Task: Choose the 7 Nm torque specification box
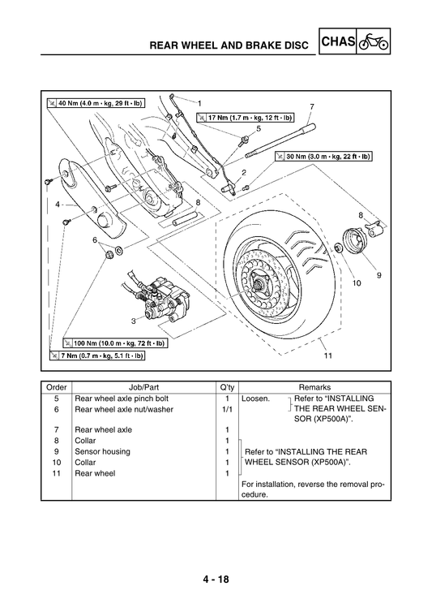tap(96, 356)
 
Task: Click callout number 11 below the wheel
tap(327, 356)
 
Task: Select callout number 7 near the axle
tap(311, 107)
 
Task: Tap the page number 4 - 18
tap(216, 580)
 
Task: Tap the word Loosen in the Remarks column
tap(256, 399)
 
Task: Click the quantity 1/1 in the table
tap(227, 409)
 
